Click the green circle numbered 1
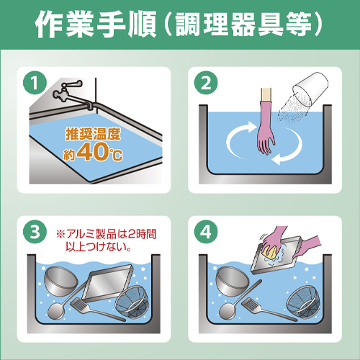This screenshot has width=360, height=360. [35, 83]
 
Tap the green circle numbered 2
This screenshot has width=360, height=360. [206, 83]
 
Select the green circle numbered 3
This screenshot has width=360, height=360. [35, 232]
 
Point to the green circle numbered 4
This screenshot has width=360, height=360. [206, 232]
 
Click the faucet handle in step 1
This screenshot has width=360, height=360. [72, 84]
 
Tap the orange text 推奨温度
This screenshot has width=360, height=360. [93, 134]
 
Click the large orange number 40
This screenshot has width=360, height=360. [93, 152]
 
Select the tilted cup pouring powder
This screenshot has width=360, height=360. [310, 89]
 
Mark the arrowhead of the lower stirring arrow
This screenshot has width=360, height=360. [276, 159]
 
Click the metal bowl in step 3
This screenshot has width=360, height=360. [60, 282]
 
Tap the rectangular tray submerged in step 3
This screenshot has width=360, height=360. [107, 283]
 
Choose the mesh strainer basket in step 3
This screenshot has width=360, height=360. [132, 302]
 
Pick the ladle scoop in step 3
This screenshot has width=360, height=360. [56, 311]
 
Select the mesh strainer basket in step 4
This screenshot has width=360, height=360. [304, 302]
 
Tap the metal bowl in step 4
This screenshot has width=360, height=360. [233, 282]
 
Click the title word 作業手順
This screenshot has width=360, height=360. [96, 24]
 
